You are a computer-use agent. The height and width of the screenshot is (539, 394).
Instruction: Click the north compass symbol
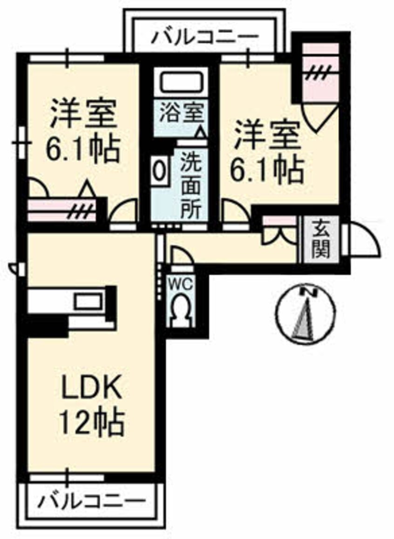coord(306,314)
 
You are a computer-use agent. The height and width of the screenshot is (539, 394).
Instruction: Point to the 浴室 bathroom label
coord(182,112)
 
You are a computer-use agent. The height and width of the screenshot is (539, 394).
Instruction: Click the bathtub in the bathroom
coord(181,81)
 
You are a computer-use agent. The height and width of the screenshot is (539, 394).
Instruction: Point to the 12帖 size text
coord(92,421)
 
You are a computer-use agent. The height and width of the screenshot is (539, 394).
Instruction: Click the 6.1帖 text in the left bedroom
coord(83,149)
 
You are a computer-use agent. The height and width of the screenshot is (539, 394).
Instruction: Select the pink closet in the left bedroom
coord(61,210)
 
